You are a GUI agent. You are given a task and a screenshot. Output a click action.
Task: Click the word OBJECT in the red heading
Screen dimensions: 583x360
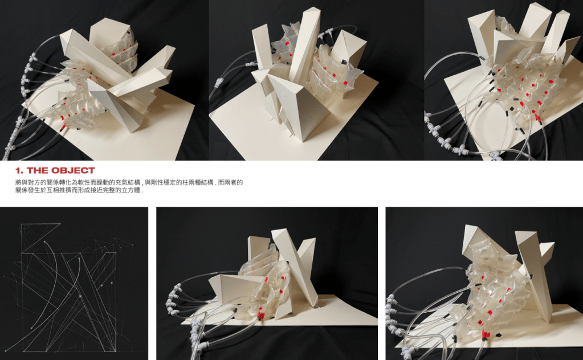click(x=73, y=170)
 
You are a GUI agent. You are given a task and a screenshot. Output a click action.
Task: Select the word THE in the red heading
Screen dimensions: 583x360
click(x=38, y=170)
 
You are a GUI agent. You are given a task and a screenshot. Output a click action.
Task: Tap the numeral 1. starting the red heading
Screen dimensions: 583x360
click(x=20, y=170)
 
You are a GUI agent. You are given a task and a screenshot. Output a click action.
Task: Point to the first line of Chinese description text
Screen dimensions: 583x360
click(x=129, y=182)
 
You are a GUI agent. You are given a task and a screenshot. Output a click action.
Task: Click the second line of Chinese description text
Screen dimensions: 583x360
click(x=79, y=190)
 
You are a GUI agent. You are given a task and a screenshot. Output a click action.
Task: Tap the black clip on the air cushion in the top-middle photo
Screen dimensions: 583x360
click(x=345, y=58)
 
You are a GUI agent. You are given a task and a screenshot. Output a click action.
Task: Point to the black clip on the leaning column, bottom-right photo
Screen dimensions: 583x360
click(x=531, y=276)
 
